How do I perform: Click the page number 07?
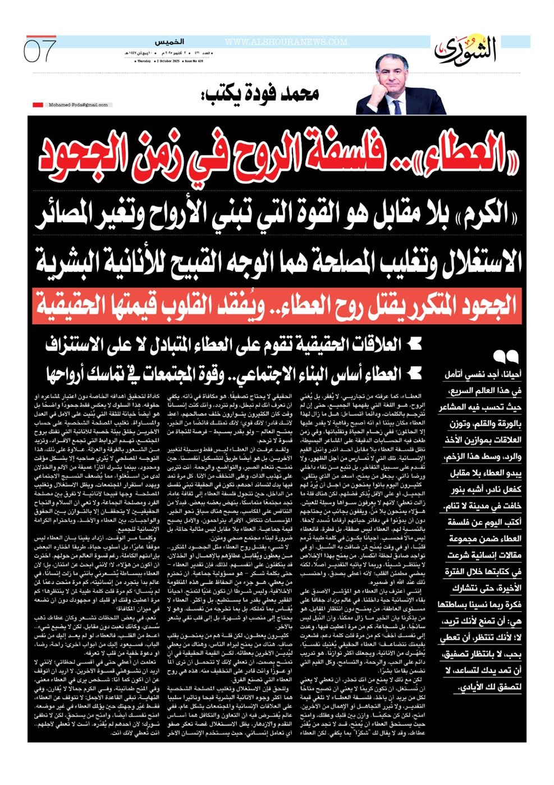40,51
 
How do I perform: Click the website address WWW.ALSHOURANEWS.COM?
286,42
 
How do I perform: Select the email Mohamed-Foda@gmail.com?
78,105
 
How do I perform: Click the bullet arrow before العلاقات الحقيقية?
414,343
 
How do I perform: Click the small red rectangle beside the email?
38,105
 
